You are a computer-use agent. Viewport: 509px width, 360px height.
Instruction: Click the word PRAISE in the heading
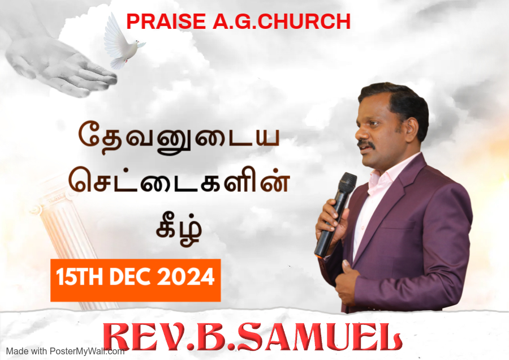(166, 22)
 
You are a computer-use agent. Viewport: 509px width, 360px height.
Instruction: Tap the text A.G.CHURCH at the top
(282, 22)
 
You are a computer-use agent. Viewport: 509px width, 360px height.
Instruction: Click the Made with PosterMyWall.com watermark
(65, 352)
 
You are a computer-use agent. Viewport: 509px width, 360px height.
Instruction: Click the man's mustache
(366, 144)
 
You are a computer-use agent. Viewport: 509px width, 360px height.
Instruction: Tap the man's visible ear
(412, 129)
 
